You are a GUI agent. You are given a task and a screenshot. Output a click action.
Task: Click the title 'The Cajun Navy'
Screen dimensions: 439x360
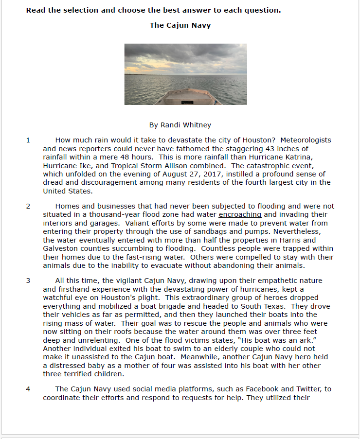(x=180, y=25)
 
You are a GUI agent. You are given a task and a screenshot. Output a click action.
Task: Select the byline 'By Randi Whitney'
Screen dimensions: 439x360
(x=180, y=125)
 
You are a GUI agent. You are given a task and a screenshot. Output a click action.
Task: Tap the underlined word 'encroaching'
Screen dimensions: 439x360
(x=240, y=214)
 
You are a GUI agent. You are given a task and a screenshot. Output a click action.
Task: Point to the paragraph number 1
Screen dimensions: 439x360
(x=28, y=140)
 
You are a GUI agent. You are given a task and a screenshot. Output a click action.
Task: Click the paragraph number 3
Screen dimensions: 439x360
(x=28, y=281)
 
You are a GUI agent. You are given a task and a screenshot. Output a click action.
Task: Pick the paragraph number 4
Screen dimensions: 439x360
(x=28, y=389)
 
